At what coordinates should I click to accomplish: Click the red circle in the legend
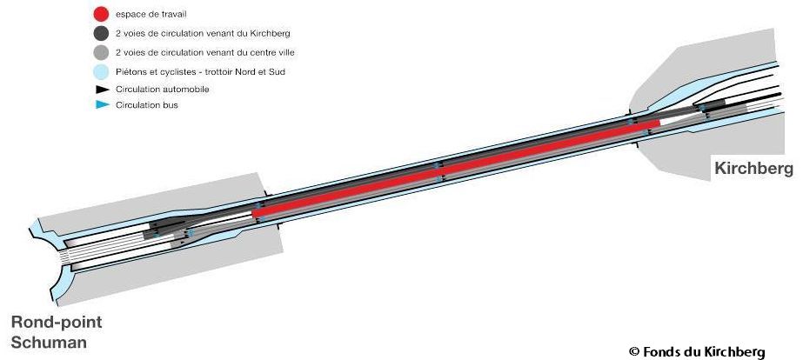click(101, 15)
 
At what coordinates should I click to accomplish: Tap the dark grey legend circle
click(101, 34)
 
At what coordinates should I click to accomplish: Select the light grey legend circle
click(101, 52)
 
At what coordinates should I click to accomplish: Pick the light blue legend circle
click(101, 71)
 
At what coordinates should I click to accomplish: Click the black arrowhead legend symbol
click(101, 89)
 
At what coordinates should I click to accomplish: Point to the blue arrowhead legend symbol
click(101, 105)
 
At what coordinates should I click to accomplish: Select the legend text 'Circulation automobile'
click(162, 89)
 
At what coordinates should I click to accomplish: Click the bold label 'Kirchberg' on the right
click(753, 169)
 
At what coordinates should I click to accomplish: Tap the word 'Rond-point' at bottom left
click(56, 323)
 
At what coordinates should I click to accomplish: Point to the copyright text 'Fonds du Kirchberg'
click(704, 351)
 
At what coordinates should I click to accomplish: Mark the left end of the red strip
click(255, 213)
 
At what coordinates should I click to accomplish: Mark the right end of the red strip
click(657, 123)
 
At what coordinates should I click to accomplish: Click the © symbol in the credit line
click(633, 351)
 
